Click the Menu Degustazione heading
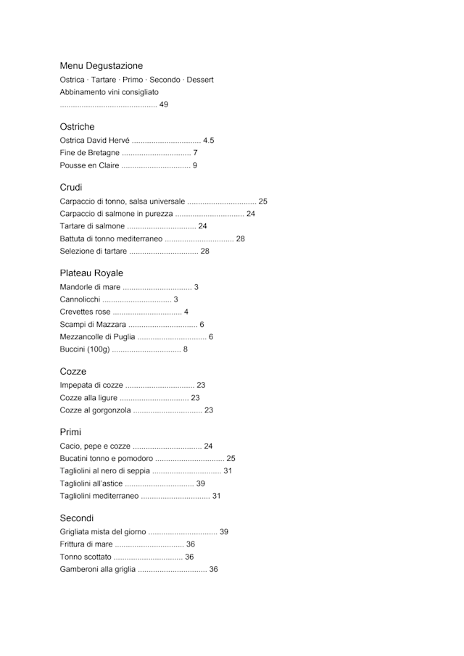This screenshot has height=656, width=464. point(101,66)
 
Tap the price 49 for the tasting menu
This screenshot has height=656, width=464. point(164,105)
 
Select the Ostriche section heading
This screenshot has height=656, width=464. point(77,127)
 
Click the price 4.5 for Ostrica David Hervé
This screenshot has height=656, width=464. point(209,141)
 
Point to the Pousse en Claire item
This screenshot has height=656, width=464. point(89,166)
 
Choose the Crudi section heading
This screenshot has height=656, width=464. point(71,188)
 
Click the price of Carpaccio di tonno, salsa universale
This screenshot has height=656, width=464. point(263,202)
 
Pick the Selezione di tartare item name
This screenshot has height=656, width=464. point(93,252)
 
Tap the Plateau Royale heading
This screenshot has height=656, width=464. point(91,273)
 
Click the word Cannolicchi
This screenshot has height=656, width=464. point(80,300)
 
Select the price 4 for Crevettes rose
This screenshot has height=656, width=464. point(186,312)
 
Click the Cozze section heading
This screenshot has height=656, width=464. point(72,372)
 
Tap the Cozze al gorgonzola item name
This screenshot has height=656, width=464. point(95,411)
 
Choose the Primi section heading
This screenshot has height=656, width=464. point(70,433)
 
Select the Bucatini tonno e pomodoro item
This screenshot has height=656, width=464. point(106,459)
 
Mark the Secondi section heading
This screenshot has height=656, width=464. point(77,518)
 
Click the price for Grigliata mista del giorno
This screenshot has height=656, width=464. point(224,532)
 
